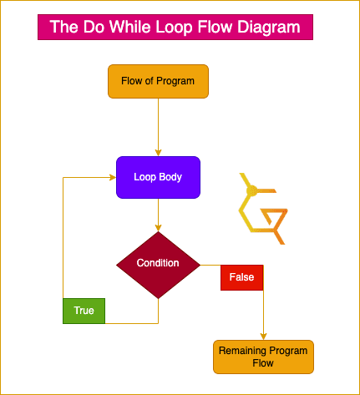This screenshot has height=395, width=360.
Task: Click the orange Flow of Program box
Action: pyautogui.click(x=158, y=81)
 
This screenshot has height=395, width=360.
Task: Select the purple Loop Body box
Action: pyautogui.click(x=158, y=177)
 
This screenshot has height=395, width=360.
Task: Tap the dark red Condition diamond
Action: pyautogui.click(x=158, y=265)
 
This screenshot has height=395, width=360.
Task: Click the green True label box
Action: pyautogui.click(x=84, y=311)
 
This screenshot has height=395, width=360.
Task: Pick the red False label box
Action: pyautogui.click(x=241, y=277)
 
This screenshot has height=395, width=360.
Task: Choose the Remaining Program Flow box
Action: pyautogui.click(x=263, y=357)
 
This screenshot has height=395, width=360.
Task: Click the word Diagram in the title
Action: pyautogui.click(x=269, y=28)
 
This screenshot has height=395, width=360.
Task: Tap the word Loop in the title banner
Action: pyautogui.click(x=174, y=28)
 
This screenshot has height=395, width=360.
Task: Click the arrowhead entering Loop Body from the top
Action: pyautogui.click(x=158, y=153)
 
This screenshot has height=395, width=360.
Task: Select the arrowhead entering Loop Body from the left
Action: pyautogui.click(x=113, y=177)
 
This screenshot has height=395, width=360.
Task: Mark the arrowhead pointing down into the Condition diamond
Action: pyautogui.click(x=158, y=228)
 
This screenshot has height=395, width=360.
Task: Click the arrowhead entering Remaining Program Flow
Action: pyautogui.click(x=263, y=337)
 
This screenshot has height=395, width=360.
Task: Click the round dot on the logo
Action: pyautogui.click(x=252, y=191)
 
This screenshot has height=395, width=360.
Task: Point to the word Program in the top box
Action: pyautogui.click(x=175, y=81)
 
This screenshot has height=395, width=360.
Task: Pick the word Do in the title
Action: pyautogui.click(x=94, y=27)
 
